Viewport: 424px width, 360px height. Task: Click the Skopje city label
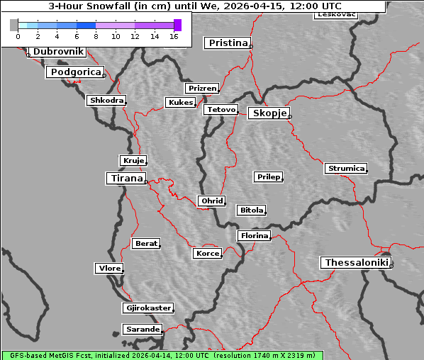(x=269, y=113)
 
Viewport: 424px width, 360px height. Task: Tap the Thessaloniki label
(x=357, y=263)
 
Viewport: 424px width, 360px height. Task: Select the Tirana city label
(x=126, y=179)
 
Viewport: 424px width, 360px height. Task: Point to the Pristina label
(x=228, y=43)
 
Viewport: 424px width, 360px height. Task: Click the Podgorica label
(x=75, y=72)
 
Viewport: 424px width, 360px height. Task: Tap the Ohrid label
(x=212, y=201)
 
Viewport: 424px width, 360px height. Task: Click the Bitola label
(x=251, y=210)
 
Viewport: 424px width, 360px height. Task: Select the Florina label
(x=254, y=235)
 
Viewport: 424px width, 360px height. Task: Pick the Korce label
(x=207, y=253)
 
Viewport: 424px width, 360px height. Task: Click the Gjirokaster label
(x=147, y=308)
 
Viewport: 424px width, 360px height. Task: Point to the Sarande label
(x=142, y=330)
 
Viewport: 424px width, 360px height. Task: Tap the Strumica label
(x=346, y=169)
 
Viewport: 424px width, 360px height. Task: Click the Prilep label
(x=268, y=176)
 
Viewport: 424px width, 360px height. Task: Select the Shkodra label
(x=106, y=101)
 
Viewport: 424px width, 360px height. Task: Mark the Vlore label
(x=109, y=268)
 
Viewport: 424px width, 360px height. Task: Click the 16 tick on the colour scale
(x=174, y=35)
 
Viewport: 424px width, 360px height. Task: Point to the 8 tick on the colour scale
(x=96, y=35)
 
